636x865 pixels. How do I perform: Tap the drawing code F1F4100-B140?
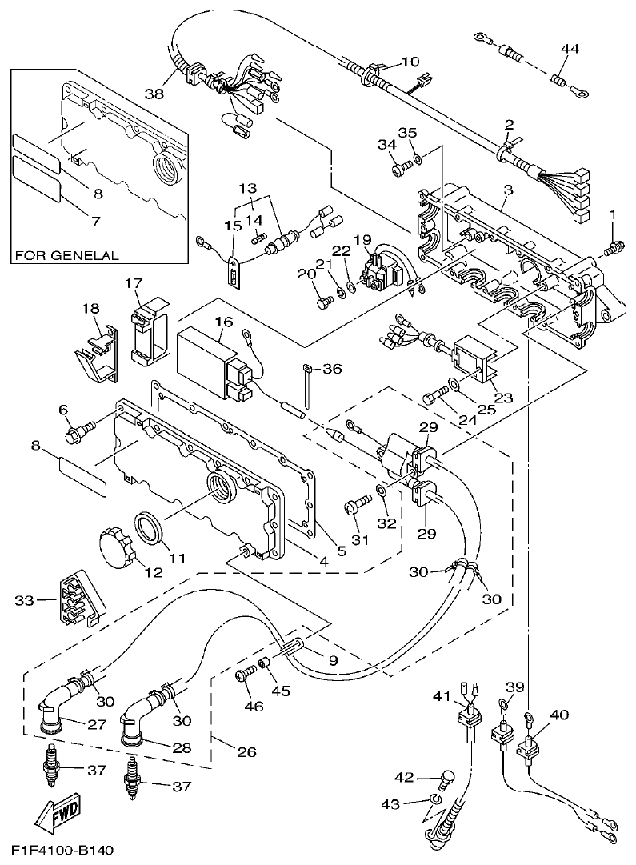(x=62, y=849)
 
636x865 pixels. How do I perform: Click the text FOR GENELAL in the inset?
(x=67, y=256)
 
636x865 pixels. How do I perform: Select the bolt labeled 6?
(x=77, y=433)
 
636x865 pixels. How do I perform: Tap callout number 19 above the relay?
(x=362, y=239)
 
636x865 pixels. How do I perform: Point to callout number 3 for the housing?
(x=506, y=190)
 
